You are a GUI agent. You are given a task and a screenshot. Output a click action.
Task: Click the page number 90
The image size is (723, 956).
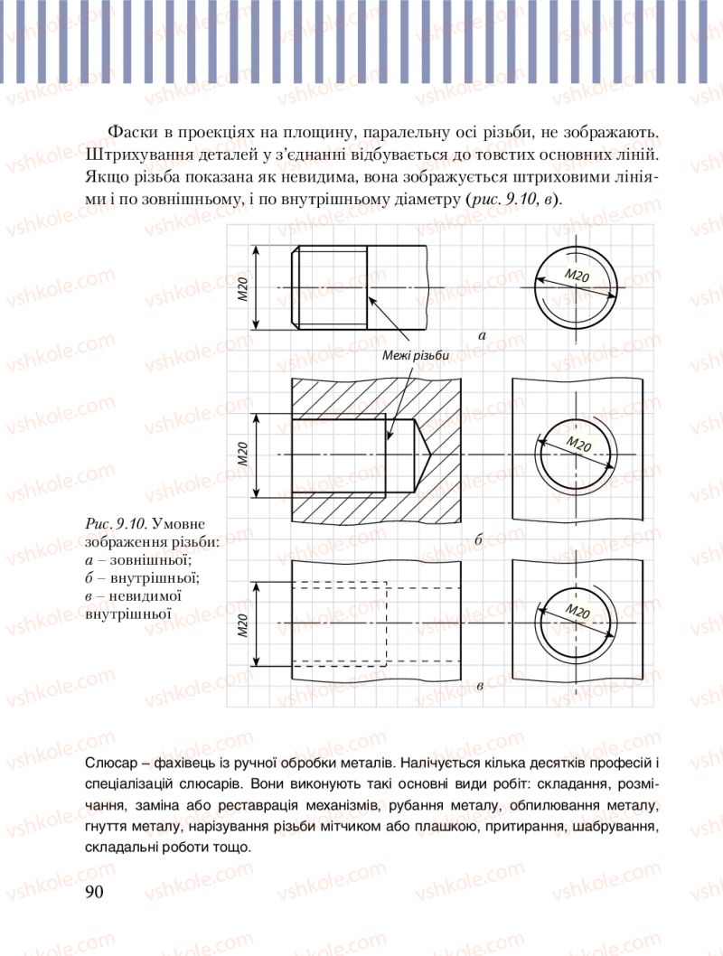[x=95, y=892]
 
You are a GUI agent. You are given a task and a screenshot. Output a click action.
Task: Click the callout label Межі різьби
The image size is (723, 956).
[x=415, y=356]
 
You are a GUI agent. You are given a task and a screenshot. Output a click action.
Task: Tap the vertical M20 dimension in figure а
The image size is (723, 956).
[x=243, y=288]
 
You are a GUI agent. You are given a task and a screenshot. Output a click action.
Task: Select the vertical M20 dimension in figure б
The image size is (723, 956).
[x=243, y=454]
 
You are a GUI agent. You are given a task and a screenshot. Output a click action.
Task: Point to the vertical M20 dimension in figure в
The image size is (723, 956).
[x=243, y=623]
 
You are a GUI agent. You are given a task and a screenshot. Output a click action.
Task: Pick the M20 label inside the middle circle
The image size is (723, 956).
[x=579, y=444]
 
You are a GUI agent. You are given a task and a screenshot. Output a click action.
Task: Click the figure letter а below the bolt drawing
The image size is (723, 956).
[x=482, y=335]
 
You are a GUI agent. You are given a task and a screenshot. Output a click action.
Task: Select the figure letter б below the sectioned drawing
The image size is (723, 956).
[x=479, y=540]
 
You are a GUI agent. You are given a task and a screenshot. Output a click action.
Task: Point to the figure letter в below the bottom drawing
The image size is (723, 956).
[x=479, y=688]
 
